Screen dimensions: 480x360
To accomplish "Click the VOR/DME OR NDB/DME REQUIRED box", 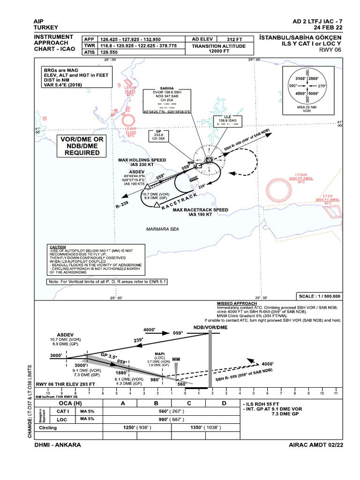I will [x=82, y=146].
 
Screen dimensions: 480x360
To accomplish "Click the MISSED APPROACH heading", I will [x=234, y=304].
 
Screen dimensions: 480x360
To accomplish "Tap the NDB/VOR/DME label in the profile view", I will [x=210, y=327].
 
